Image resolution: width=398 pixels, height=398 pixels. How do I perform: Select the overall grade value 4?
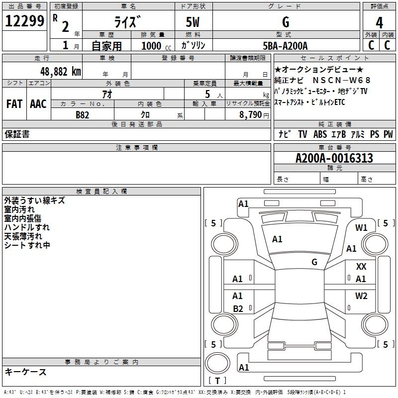point(379,23)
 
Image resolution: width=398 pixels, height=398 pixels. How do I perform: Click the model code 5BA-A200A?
point(285,46)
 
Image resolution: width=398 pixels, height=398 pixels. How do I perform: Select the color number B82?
point(83,114)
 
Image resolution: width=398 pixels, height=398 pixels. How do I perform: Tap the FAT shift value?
point(14,104)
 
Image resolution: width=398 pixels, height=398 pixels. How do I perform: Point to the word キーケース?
point(25,372)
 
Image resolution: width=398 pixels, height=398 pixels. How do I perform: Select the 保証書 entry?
point(17,134)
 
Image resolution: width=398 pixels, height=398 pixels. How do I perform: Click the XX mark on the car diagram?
point(361,267)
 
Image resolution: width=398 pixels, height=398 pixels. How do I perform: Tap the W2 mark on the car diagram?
point(361,296)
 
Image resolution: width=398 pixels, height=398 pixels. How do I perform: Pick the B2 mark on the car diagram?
point(238,309)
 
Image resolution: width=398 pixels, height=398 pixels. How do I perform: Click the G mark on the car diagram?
point(314,262)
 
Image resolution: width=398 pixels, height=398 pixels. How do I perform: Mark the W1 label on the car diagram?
point(361,228)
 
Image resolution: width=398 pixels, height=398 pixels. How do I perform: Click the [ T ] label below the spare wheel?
point(217,381)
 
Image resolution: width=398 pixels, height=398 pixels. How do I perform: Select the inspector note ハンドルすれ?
point(27,227)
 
